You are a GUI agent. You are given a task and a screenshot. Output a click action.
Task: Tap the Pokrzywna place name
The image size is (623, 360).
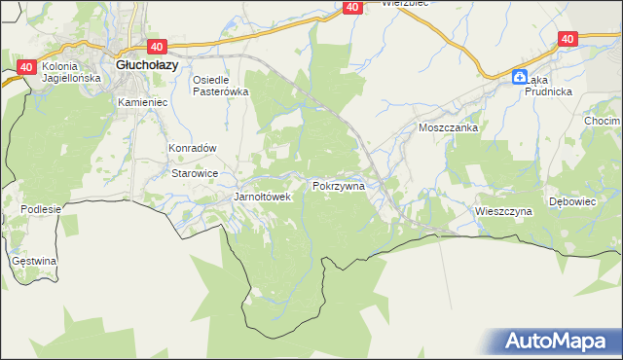339,184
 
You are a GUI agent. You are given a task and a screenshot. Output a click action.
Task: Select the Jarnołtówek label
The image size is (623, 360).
263,197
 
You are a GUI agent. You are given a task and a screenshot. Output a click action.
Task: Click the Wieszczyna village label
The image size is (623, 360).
503,210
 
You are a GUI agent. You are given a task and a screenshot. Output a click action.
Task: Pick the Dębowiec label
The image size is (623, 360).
572,201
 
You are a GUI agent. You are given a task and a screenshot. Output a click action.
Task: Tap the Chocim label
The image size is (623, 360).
604,121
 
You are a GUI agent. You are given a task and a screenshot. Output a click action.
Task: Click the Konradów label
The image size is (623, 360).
192,148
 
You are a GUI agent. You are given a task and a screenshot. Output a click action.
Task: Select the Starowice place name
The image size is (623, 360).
195,172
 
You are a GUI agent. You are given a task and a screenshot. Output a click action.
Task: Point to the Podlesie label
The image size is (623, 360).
41,209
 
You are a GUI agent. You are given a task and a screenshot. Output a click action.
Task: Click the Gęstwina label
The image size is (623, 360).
34,261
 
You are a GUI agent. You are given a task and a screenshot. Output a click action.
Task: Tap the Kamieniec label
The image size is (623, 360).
142,101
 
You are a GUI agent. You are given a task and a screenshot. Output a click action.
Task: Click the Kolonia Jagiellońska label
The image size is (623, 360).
65,73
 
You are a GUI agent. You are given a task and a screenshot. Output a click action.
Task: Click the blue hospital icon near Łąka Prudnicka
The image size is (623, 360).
522,77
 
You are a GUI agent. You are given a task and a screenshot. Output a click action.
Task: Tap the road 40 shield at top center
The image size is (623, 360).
352,7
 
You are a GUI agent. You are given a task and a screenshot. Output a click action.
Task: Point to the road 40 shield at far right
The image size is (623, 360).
569,38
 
